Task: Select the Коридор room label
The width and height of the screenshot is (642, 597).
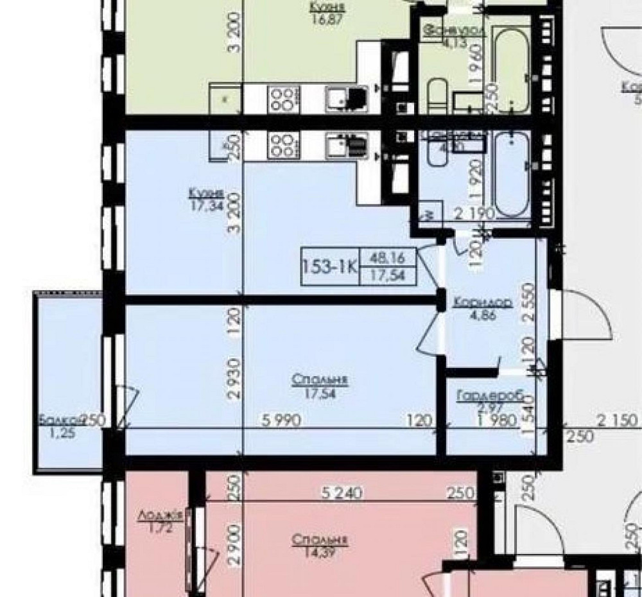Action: (x=481, y=303)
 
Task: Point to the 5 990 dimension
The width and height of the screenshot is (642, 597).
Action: (x=281, y=421)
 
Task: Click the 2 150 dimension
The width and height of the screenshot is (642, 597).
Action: (x=618, y=421)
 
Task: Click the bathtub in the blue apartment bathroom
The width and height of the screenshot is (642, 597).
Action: (x=512, y=175)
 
